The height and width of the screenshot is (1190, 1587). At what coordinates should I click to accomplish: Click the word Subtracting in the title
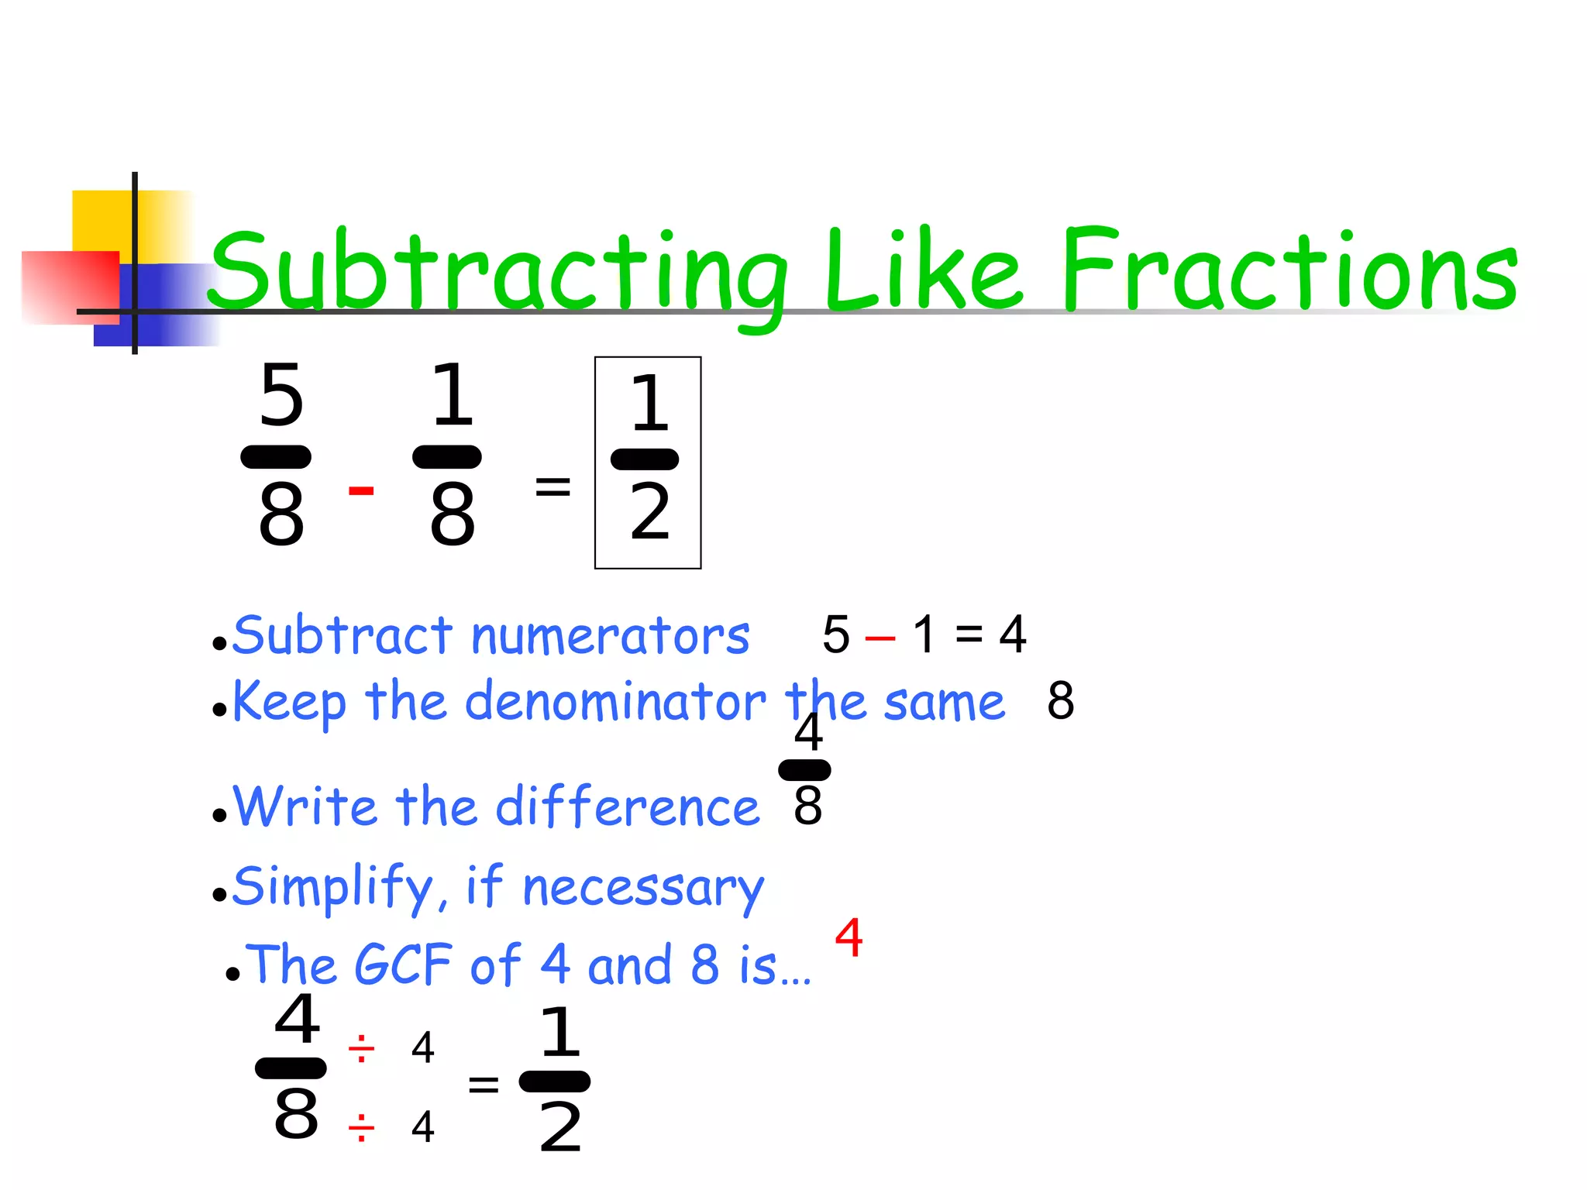coord(496,271)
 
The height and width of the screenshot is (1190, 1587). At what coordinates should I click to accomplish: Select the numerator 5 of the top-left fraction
coord(281,396)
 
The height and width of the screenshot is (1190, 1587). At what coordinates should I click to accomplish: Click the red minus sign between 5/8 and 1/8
coord(361,490)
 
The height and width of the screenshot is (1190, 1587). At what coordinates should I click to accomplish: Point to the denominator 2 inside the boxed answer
coord(649,512)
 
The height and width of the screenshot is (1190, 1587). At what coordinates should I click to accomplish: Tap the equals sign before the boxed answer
coord(553,487)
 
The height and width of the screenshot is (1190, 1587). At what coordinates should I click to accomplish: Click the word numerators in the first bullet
coord(611,636)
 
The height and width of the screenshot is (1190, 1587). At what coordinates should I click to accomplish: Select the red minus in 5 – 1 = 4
coord(880,639)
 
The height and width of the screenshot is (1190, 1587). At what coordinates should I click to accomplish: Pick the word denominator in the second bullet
coord(615,702)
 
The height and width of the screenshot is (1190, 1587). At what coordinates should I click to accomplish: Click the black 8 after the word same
coord(1060,700)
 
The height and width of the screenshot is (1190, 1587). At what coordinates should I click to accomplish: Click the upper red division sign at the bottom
coord(361,1051)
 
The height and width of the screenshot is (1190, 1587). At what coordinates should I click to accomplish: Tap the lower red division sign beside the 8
coord(361,1128)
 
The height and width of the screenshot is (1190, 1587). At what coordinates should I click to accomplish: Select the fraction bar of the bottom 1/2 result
coord(554,1082)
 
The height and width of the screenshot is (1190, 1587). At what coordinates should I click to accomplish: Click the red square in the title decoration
coord(70,287)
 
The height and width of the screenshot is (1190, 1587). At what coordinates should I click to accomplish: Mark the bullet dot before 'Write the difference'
coord(220,815)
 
